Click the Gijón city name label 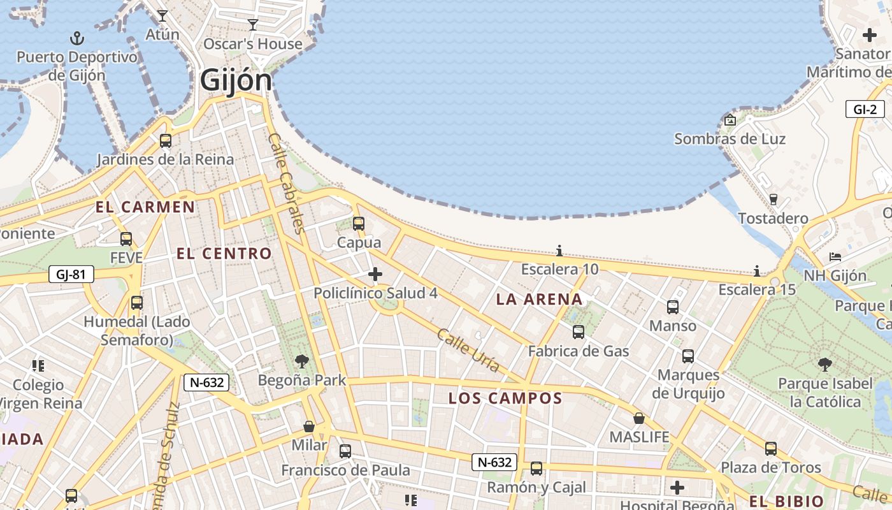[236, 81]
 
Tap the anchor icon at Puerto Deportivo [77, 38]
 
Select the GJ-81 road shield [71, 275]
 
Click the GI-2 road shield [865, 109]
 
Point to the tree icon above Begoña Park [302, 361]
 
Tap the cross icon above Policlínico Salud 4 [375, 274]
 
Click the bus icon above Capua [359, 223]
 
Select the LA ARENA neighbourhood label [539, 299]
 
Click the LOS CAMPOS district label [505, 398]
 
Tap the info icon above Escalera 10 [559, 251]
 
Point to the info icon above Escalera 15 [757, 271]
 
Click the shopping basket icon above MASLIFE [639, 418]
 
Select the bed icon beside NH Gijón [835, 257]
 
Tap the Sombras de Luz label [730, 138]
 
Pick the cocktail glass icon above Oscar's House [253, 25]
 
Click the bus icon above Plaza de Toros [771, 449]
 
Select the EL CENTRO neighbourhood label [224, 253]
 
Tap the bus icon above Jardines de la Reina [166, 141]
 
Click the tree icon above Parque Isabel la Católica [825, 365]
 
